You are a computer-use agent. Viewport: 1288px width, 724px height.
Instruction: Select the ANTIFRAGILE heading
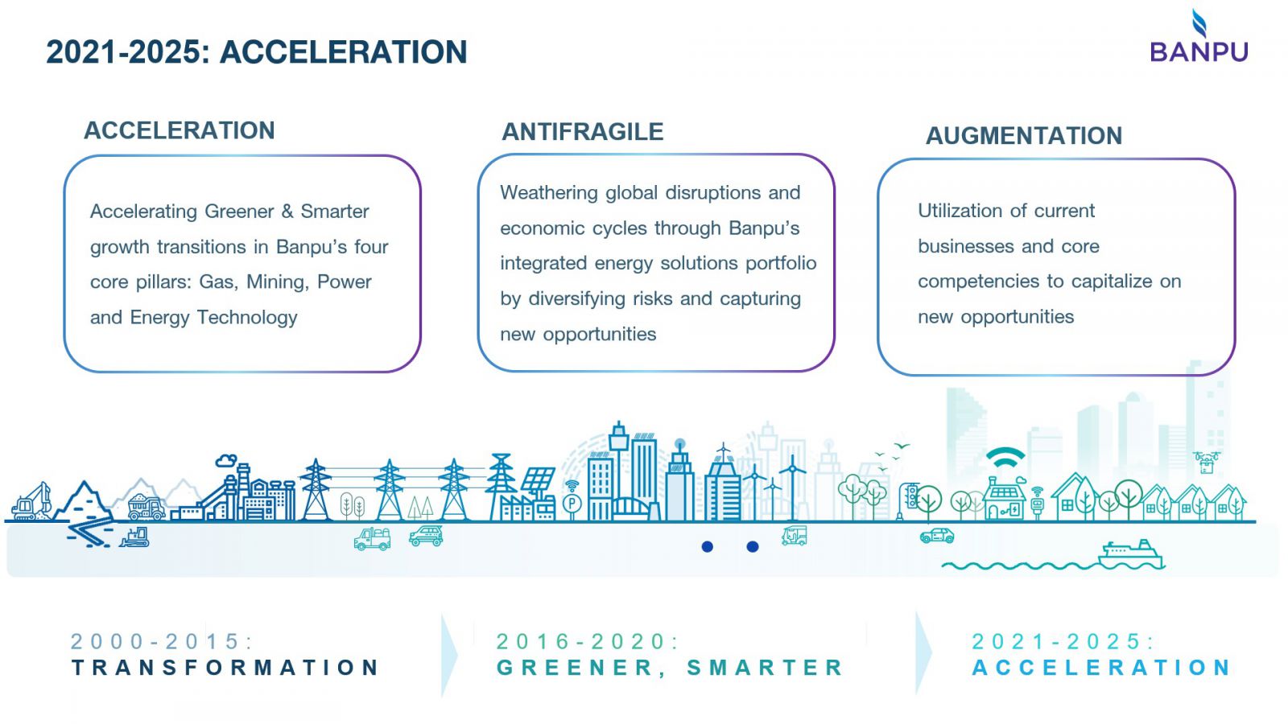click(x=583, y=132)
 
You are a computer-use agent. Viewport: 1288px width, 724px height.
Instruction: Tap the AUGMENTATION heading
click(x=1023, y=136)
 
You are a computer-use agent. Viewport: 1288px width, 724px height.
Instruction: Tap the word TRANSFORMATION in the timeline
click(x=225, y=668)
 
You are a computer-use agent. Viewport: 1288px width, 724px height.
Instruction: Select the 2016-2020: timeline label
click(x=587, y=641)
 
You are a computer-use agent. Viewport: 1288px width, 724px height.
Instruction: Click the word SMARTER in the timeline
click(x=765, y=668)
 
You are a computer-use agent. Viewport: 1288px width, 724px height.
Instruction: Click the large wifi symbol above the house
click(x=1005, y=459)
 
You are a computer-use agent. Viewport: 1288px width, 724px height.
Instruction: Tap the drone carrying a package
click(x=1207, y=463)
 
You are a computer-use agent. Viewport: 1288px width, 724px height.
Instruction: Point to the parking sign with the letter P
click(x=572, y=504)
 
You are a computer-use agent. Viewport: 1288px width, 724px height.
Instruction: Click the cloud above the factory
click(x=226, y=460)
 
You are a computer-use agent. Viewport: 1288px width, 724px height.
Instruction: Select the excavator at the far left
click(x=32, y=502)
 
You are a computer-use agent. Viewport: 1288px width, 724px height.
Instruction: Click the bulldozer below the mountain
click(x=134, y=537)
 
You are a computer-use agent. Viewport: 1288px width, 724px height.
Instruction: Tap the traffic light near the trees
click(x=910, y=496)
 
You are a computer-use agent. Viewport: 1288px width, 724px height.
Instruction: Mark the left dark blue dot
click(x=708, y=546)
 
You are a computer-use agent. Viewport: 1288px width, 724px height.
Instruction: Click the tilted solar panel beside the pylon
click(x=538, y=480)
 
